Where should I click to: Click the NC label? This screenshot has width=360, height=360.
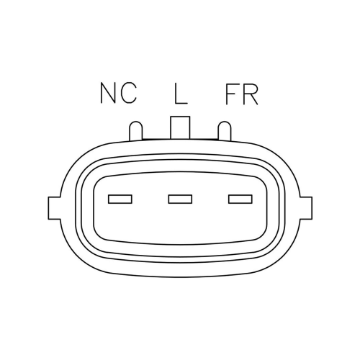(119, 93)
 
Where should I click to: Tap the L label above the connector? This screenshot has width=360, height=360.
(181, 94)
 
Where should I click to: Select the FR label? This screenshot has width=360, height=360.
(242, 94)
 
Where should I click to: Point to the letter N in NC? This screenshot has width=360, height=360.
(109, 93)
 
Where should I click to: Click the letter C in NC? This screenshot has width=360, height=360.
(129, 93)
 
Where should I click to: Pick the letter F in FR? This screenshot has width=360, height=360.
(232, 94)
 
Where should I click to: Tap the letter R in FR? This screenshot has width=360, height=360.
(250, 94)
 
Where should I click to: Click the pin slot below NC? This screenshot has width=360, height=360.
(120, 199)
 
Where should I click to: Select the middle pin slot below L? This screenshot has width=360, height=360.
(180, 199)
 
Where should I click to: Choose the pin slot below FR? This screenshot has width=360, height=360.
(240, 199)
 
